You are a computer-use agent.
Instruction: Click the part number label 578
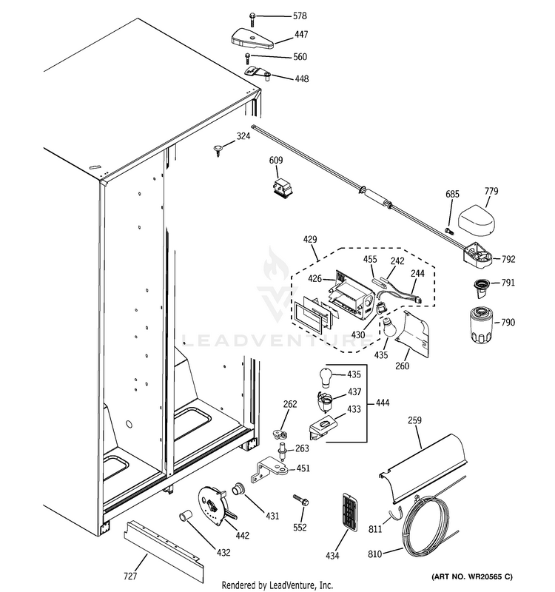[300, 16]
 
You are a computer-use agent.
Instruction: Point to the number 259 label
[414, 421]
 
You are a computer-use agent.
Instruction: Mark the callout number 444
[382, 403]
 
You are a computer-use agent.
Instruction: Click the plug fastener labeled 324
[220, 152]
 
